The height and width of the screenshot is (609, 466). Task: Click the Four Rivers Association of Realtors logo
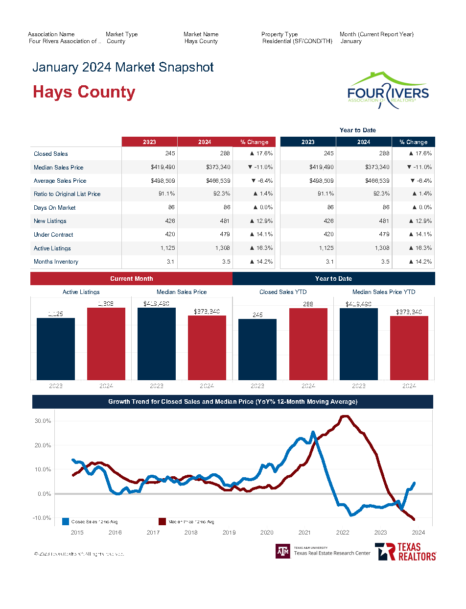point(388,90)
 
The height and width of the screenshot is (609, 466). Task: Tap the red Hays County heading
point(84,92)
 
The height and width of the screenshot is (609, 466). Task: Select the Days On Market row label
point(54,208)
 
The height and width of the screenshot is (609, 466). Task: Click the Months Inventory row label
point(56,262)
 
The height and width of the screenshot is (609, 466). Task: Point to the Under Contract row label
point(53,235)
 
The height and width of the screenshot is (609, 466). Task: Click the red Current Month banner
point(131,279)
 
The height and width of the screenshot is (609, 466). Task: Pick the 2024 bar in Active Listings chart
point(106,343)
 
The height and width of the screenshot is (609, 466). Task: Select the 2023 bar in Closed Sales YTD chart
point(257,349)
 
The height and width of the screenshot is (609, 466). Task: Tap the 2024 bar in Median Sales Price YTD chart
point(409,347)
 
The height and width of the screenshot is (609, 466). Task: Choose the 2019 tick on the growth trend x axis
point(229,533)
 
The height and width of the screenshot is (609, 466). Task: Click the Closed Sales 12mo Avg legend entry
point(90,522)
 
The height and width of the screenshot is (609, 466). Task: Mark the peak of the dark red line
point(345,416)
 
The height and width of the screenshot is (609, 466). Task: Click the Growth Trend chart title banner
point(233,402)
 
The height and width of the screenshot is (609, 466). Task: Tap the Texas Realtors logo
point(405,552)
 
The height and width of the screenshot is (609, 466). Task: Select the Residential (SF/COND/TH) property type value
point(297,41)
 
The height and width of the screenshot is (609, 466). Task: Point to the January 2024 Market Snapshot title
point(123,67)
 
